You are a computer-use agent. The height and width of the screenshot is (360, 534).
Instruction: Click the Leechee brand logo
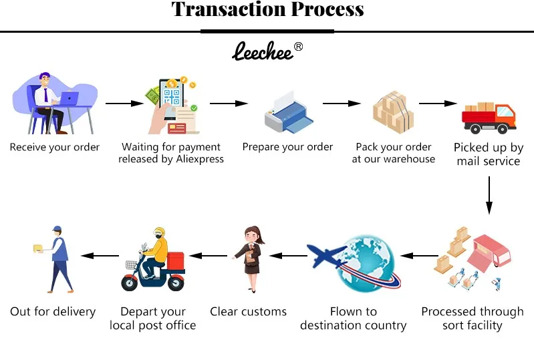(263, 51)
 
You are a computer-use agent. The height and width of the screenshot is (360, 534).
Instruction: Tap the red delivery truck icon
(489, 117)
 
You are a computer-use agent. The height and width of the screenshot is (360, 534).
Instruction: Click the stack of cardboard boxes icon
(392, 112)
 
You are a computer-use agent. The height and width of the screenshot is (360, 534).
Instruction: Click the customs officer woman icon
(251, 259)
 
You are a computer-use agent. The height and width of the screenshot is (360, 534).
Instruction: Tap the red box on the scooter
(176, 261)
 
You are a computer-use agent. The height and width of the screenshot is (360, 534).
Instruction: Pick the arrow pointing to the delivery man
(99, 255)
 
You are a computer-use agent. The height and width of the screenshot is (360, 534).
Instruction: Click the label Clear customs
(248, 311)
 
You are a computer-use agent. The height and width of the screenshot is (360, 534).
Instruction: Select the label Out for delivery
(53, 311)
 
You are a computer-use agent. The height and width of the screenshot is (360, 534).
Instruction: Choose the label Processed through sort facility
(472, 318)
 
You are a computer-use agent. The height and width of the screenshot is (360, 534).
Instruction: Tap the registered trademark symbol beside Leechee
(298, 46)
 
